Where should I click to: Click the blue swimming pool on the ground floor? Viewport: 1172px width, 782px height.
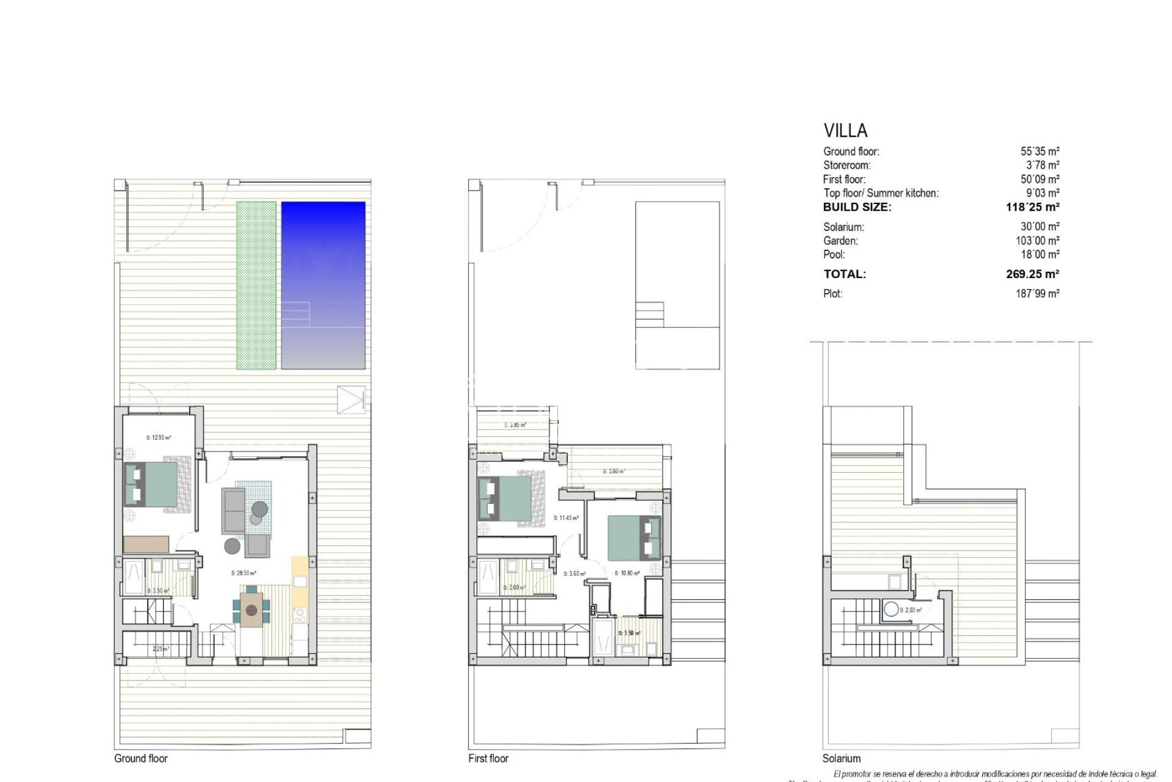click(x=323, y=285)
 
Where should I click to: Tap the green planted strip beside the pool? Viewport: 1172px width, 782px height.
click(x=256, y=285)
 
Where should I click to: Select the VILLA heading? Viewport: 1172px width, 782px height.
click(x=845, y=131)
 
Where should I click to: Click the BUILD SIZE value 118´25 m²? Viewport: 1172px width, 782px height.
click(x=1032, y=207)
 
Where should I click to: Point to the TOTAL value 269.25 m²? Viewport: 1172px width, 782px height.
click(x=1032, y=274)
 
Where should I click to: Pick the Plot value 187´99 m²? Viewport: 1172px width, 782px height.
click(x=1037, y=294)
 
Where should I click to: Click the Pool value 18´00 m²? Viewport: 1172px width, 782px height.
click(x=1041, y=255)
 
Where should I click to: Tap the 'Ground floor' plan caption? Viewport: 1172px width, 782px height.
click(x=140, y=758)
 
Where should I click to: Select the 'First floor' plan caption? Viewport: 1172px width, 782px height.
click(x=488, y=758)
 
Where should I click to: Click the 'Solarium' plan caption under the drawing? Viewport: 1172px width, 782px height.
click(x=841, y=758)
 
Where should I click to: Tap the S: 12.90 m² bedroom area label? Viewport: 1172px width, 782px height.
click(x=159, y=437)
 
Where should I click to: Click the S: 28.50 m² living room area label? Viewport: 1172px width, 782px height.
click(x=244, y=573)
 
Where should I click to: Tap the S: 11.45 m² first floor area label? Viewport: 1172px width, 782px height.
click(x=566, y=518)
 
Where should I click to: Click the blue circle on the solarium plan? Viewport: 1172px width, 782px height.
click(x=891, y=609)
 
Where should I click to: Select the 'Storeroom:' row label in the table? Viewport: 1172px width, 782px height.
click(x=847, y=165)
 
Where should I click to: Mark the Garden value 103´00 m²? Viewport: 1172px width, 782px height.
click(x=1037, y=241)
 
